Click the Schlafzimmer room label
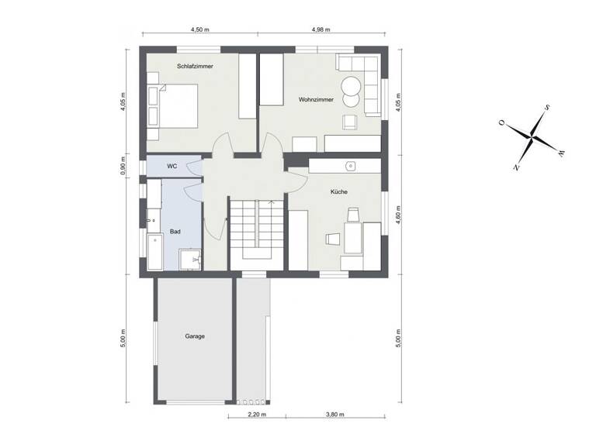195,67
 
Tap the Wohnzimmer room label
315,99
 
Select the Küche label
338,191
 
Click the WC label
172,166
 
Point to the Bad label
175,232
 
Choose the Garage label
194,336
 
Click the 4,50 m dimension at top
200,30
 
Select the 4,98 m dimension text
321,30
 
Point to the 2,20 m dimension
257,415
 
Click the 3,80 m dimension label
335,415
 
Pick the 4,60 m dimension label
398,215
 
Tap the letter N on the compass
516,166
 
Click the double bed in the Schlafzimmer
178,106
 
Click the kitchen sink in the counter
351,165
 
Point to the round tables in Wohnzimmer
351,91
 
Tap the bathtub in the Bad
154,253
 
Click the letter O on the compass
502,122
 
